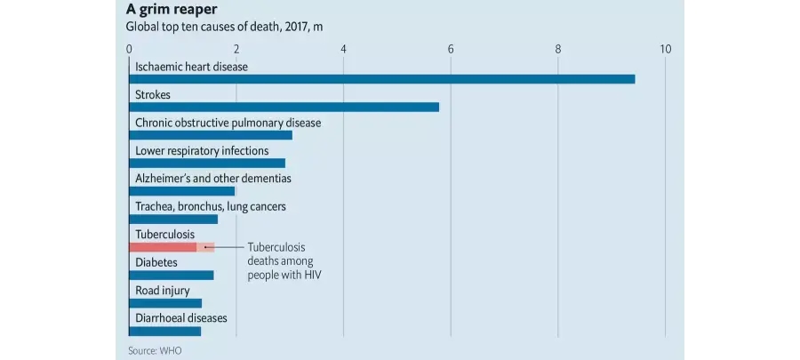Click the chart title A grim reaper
pyautogui.click(x=164, y=10)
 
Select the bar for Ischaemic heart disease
pyautogui.click(x=382, y=79)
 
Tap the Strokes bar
pyautogui.click(x=284, y=107)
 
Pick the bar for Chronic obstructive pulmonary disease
pyautogui.click(x=211, y=135)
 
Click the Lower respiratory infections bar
pyautogui.click(x=207, y=164)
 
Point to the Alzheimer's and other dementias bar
pyautogui.click(x=182, y=191)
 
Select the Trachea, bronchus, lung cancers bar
pyautogui.click(x=173, y=220)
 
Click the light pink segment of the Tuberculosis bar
pyautogui.click(x=205, y=247)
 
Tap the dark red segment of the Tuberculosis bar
pyautogui.click(x=163, y=247)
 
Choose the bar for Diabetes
pyautogui.click(x=172, y=276)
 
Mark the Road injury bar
pyautogui.click(x=165, y=303)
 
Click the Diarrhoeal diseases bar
pyautogui.click(x=164, y=332)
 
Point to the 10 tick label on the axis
pyautogui.click(x=665, y=49)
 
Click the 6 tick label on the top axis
pyautogui.click(x=451, y=49)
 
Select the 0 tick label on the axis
pyautogui.click(x=130, y=49)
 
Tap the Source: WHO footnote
pyautogui.click(x=155, y=351)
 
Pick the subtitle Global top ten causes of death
pyautogui.click(x=225, y=27)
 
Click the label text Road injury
pyautogui.click(x=163, y=292)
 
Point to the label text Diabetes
pyautogui.click(x=156, y=263)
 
